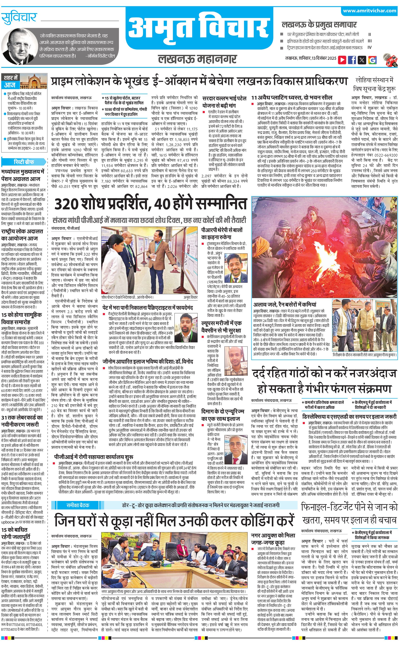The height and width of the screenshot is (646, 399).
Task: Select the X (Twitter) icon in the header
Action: click(362, 60)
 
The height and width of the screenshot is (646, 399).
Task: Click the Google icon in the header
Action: click(372, 60)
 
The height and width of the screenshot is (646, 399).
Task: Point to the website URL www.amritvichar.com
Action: click(369, 11)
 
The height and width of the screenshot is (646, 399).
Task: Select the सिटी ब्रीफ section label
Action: click(24, 162)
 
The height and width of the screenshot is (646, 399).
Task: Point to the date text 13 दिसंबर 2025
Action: click(324, 58)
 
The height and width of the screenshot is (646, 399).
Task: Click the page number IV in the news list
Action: click(369, 48)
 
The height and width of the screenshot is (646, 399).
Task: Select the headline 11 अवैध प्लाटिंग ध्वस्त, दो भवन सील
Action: click(292, 97)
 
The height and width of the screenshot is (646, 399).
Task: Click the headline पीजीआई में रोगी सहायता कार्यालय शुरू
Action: click(94, 457)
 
